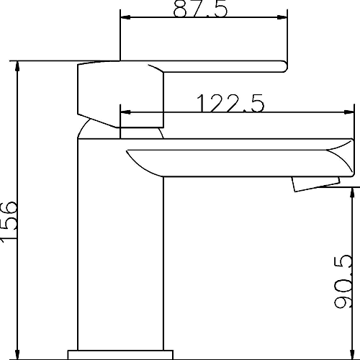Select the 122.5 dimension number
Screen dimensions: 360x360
click(x=230, y=104)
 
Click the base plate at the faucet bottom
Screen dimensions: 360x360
click(x=121, y=354)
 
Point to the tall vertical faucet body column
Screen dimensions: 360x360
click(x=121, y=245)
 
